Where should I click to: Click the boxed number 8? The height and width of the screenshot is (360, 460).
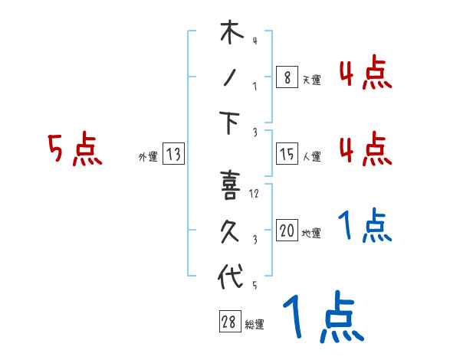tap(286, 77)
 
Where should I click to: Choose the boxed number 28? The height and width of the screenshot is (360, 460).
tap(229, 322)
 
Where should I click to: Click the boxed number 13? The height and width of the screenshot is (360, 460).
tap(172, 155)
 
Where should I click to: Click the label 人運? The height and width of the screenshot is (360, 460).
tap(311, 157)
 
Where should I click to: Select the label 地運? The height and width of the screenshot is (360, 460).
tap(311, 233)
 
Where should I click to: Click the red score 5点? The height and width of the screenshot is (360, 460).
tap(74, 149)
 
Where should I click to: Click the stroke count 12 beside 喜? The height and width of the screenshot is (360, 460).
tap(255, 194)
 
